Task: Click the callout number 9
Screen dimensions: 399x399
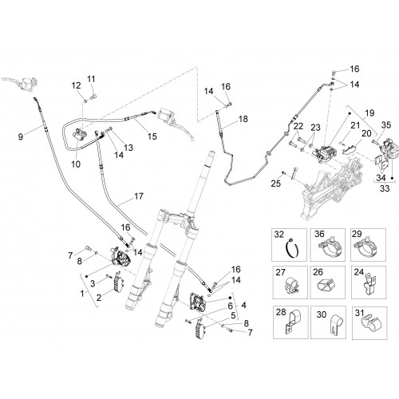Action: (21, 136)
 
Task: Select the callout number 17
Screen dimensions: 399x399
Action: (139, 196)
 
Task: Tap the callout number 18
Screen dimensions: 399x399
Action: (243, 119)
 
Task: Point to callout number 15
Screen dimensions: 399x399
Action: (152, 136)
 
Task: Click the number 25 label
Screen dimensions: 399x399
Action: (276, 184)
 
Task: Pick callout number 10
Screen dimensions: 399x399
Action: (76, 164)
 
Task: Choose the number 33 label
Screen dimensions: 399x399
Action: (385, 188)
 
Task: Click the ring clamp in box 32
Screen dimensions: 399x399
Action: (292, 249)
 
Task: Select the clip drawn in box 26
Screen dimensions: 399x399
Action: (326, 286)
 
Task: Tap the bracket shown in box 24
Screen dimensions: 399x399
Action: (369, 285)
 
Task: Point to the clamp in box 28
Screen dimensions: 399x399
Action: (292, 322)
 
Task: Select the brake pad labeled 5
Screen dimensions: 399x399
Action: (199, 328)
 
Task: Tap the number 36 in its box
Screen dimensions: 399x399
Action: (319, 234)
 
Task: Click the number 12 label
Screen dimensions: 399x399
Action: (76, 85)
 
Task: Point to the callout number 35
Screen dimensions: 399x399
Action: (386, 124)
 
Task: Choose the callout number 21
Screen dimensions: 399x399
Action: (355, 125)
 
